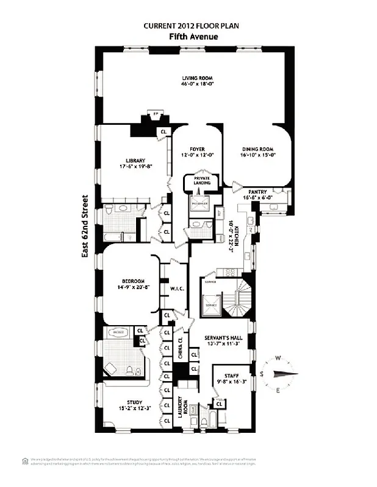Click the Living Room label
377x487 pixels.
click(x=196, y=77)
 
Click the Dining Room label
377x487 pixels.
click(x=257, y=149)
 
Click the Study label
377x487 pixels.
click(x=134, y=402)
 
